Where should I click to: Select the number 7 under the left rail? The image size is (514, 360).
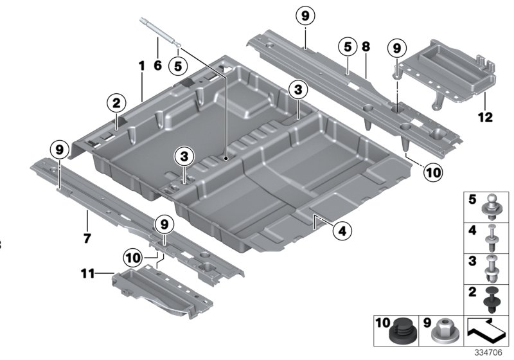87,239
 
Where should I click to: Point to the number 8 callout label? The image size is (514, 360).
366,47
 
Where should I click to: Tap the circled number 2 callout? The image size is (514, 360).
116,102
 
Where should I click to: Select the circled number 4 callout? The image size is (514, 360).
342,230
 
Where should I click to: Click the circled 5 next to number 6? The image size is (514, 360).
179,65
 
